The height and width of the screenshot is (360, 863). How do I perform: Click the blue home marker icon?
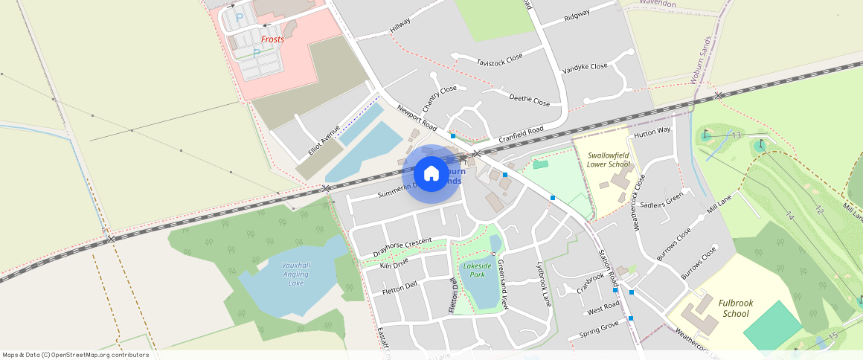click(431, 174)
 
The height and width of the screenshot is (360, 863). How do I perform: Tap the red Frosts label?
click(272, 39)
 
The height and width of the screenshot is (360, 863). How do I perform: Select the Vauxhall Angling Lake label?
click(296, 274)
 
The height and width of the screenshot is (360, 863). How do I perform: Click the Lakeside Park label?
click(478, 270)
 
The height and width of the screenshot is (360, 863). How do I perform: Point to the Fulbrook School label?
click(736, 308)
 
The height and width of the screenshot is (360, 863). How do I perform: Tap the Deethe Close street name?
click(529, 99)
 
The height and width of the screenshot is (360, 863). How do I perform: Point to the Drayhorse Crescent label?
click(402, 248)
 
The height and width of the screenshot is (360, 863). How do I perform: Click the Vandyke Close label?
click(585, 66)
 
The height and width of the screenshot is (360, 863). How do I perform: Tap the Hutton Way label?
click(652, 131)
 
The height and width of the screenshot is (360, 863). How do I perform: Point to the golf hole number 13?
click(737, 135)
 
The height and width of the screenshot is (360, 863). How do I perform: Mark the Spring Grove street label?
click(599, 329)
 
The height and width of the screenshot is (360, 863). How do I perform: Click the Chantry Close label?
click(440, 99)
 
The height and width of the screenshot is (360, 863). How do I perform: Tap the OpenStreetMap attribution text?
click(76, 355)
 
